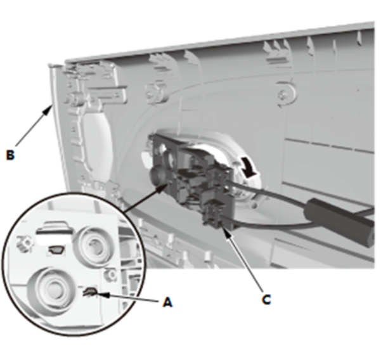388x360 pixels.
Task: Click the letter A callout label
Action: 167,302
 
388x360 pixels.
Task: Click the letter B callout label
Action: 10,155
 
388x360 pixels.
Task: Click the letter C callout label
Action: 266,300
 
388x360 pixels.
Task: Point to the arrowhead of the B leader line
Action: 48,110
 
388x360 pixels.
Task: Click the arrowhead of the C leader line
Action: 227,233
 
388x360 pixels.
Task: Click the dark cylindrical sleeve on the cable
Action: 340,219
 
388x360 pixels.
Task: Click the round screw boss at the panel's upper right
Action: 285,94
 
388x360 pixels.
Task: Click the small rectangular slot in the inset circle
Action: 56,250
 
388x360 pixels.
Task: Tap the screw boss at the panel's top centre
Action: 155,93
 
